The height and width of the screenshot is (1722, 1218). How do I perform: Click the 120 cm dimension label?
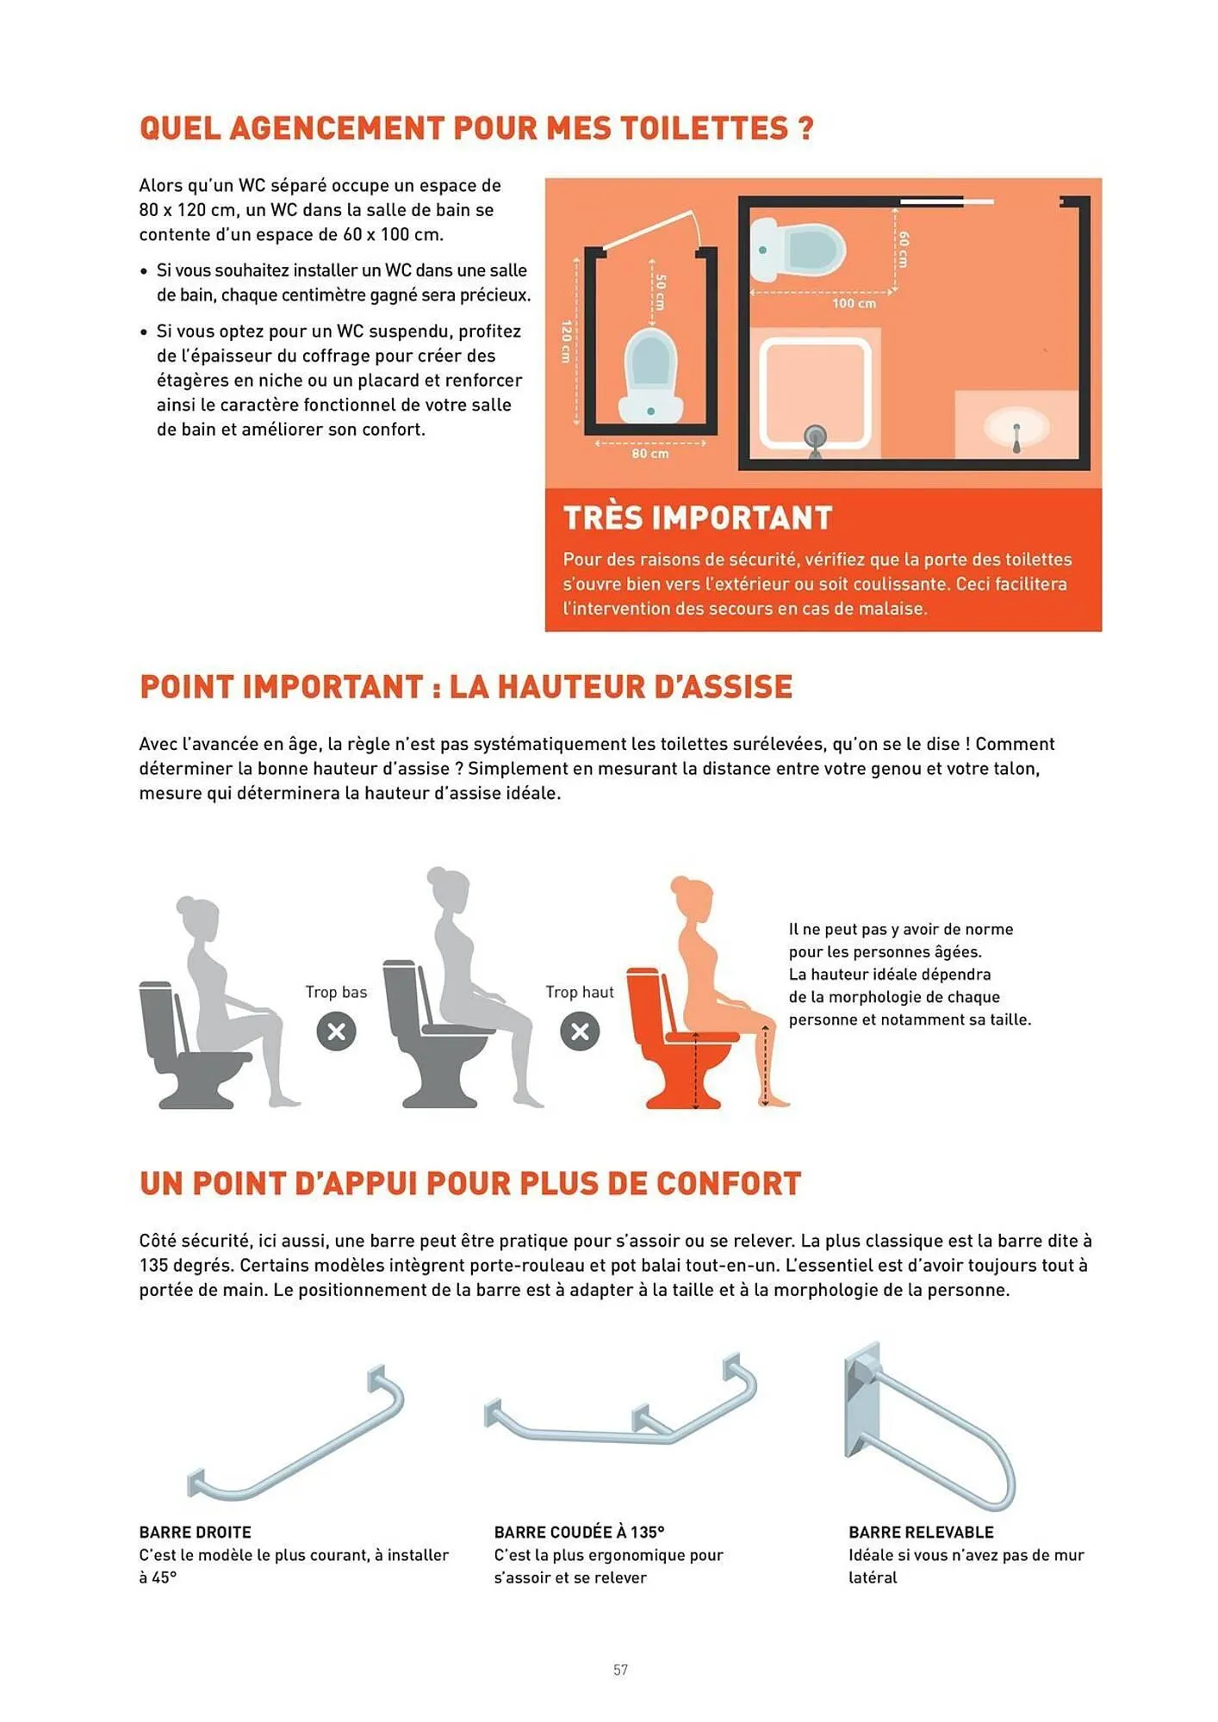click(x=567, y=342)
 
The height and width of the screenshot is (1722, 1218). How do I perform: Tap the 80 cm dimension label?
click(x=649, y=454)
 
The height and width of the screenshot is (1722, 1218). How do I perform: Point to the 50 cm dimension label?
click(x=660, y=293)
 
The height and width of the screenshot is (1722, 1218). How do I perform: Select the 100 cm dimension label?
click(x=854, y=304)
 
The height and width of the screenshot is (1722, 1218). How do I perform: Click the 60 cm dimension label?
click(x=904, y=249)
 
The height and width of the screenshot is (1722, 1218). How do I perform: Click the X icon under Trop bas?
click(x=336, y=1031)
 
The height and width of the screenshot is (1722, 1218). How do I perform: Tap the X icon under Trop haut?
click(x=580, y=1031)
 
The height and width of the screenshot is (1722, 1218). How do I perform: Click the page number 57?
click(x=620, y=1669)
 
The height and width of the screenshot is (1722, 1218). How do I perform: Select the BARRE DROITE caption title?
click(x=196, y=1533)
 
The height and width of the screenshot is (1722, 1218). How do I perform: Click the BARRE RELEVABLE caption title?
click(x=921, y=1533)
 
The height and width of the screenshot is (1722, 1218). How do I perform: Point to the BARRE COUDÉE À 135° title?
click(x=579, y=1533)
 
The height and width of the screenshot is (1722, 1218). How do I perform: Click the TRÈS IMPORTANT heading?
click(x=698, y=518)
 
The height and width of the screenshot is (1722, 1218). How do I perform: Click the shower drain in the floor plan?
click(x=815, y=437)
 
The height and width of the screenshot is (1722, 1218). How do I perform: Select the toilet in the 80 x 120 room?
click(x=652, y=375)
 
